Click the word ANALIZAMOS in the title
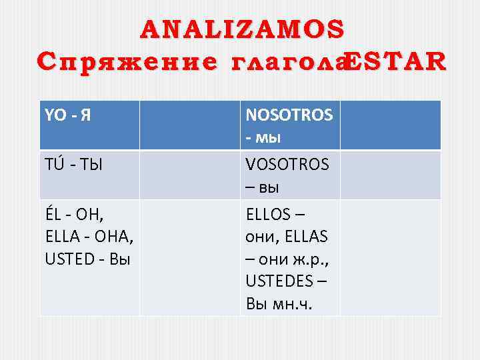(x=243, y=29)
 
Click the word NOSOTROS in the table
(x=289, y=115)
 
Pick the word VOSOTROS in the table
(x=287, y=164)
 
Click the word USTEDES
(x=280, y=279)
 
